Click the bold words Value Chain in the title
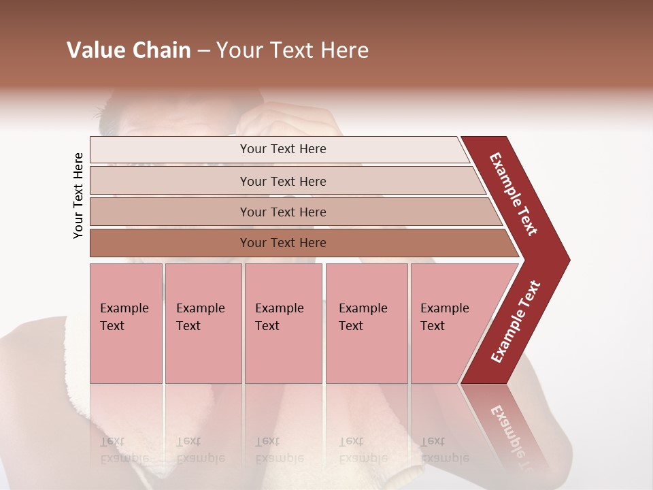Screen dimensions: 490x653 (129, 50)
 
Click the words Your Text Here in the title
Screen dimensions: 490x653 (292, 50)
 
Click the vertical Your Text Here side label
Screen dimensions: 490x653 (78, 195)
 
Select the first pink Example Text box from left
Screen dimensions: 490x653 (126, 323)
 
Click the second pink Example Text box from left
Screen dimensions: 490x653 (203, 323)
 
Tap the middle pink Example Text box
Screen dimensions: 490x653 (283, 323)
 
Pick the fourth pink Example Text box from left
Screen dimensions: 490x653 (366, 323)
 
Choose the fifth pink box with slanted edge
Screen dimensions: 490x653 (449, 323)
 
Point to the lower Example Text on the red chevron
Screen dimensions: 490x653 (516, 322)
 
